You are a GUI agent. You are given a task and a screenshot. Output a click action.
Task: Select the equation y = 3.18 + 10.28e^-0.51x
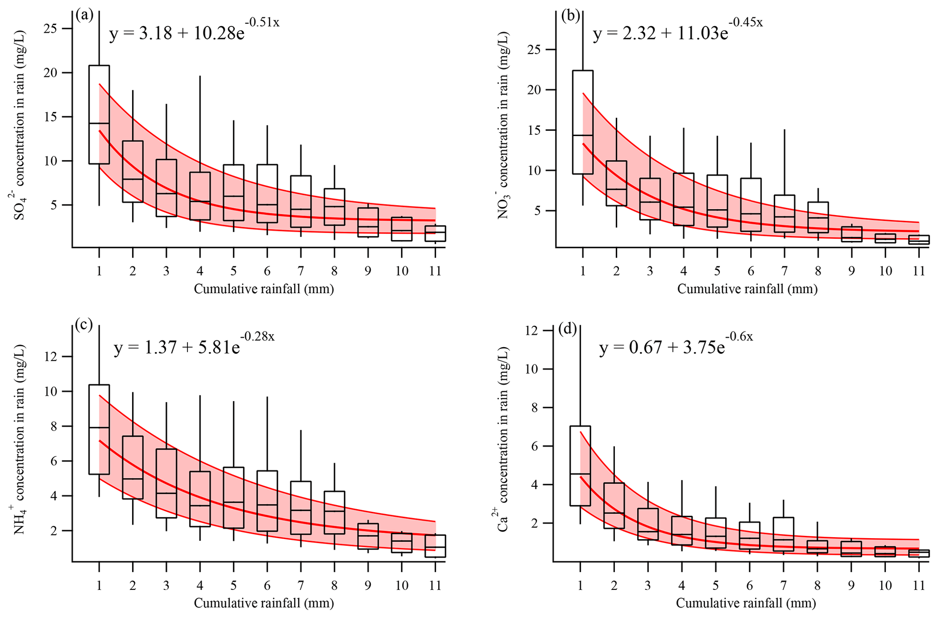(194, 32)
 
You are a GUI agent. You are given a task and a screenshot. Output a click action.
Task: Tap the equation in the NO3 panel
(678, 32)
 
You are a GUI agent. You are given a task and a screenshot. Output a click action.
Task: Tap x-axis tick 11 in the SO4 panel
(435, 271)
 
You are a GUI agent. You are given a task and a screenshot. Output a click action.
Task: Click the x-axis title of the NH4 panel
(264, 603)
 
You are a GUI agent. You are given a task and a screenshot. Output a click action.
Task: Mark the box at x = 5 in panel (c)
(233, 498)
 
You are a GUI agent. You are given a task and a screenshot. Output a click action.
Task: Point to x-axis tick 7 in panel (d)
(783, 585)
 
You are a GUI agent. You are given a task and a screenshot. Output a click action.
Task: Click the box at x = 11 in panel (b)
(918, 240)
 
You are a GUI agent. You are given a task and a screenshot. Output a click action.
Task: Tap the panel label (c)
(84, 325)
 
